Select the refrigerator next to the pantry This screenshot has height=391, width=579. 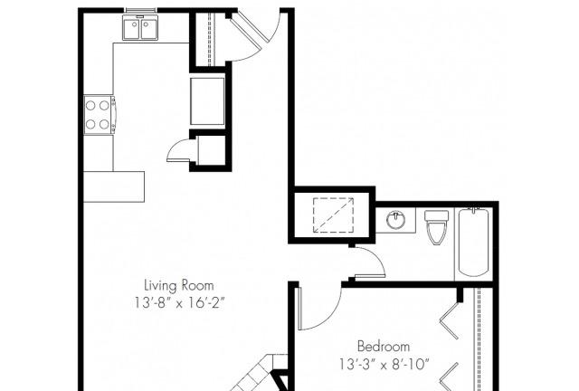click(x=207, y=99)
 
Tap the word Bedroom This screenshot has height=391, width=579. click(x=383, y=347)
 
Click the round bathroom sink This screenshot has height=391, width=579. click(x=395, y=219)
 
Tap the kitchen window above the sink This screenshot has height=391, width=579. click(x=139, y=10)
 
